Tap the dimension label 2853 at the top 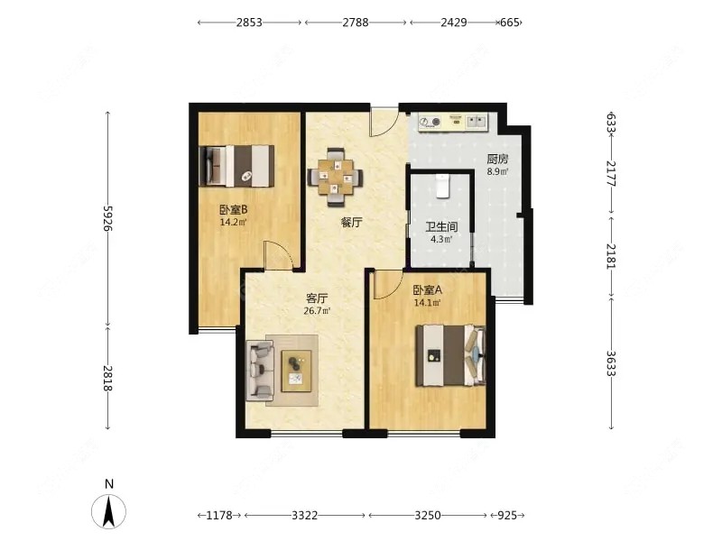[x=249, y=22]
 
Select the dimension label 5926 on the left [x=107, y=218]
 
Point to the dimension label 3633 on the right [x=611, y=363]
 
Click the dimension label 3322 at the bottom [x=305, y=515]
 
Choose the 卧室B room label [x=234, y=210]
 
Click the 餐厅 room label [x=351, y=223]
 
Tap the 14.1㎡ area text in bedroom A [x=427, y=303]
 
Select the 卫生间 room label [x=441, y=227]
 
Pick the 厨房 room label [x=498, y=160]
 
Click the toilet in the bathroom [x=442, y=186]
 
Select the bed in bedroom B [x=236, y=166]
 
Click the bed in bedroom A [x=450, y=355]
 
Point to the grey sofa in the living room [x=260, y=371]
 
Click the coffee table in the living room [x=296, y=371]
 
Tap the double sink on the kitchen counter [x=477, y=122]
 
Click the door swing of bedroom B [x=278, y=255]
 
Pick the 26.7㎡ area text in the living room [x=318, y=310]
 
